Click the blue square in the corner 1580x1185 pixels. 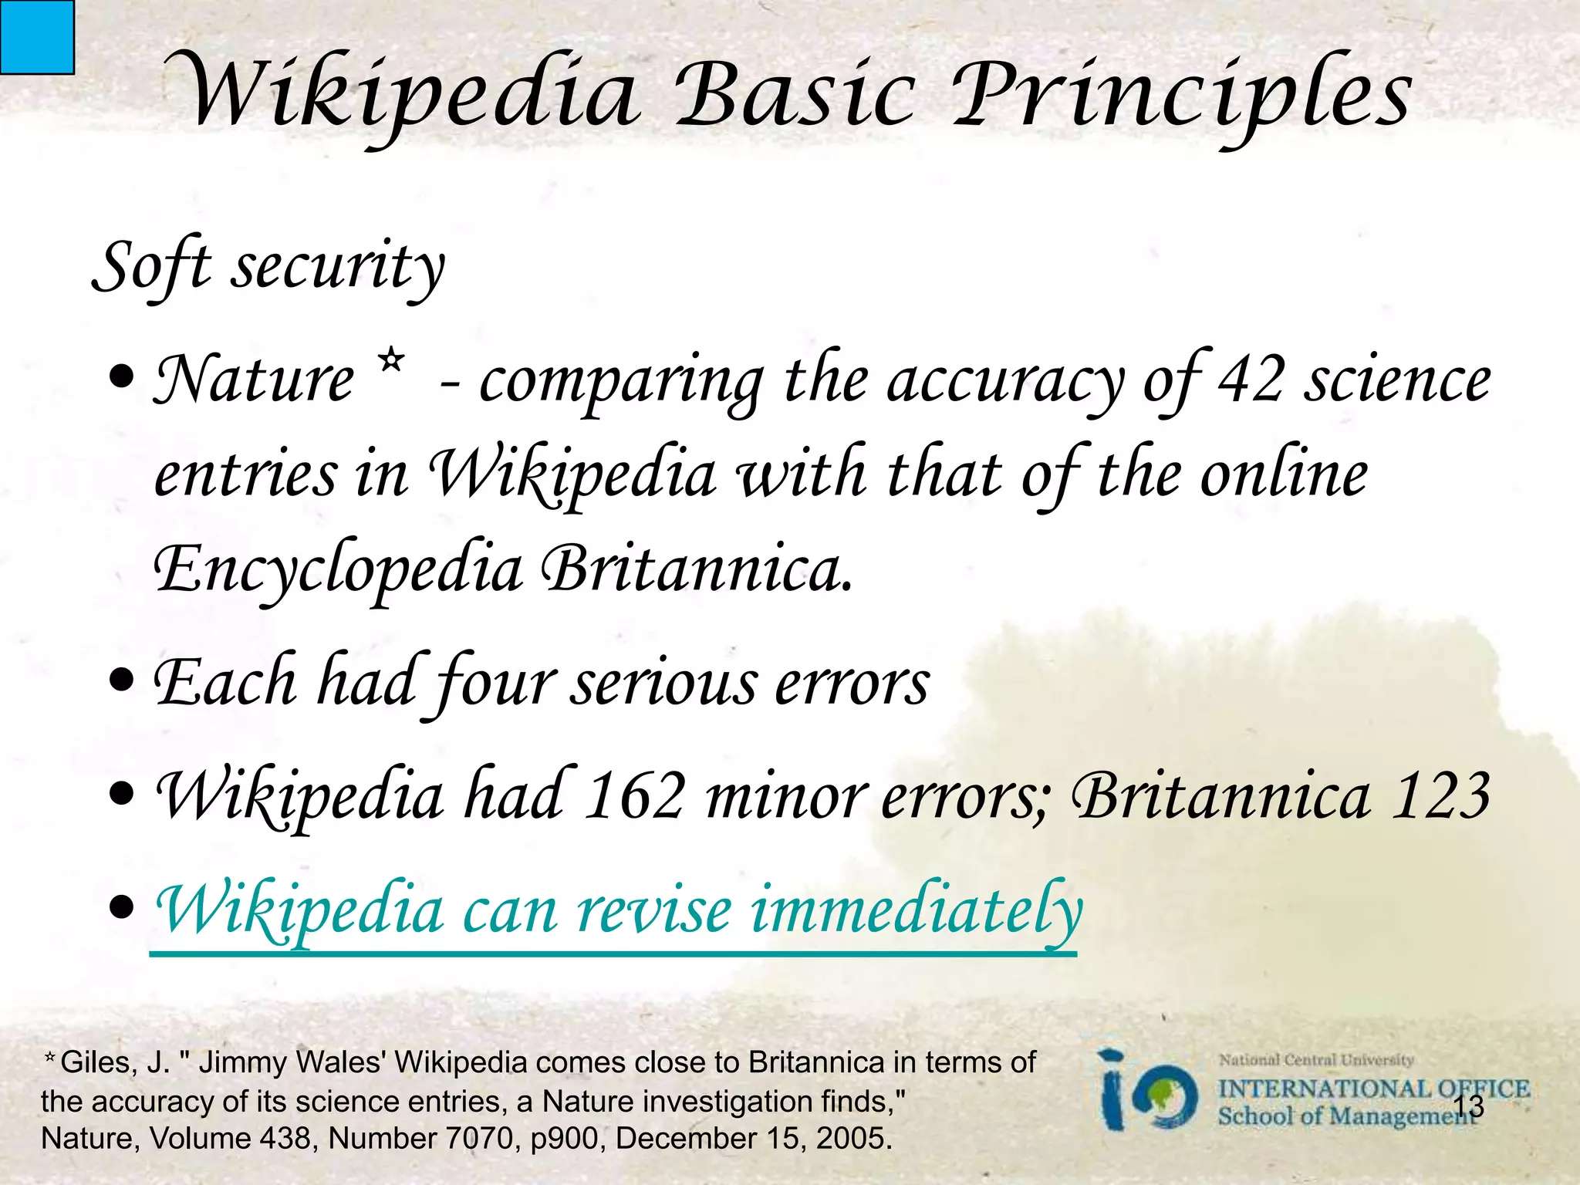coord(36,36)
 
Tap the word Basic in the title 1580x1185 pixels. coord(795,96)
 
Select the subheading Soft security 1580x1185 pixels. coord(268,266)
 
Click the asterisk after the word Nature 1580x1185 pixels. coord(391,360)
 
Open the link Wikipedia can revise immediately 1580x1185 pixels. coord(617,910)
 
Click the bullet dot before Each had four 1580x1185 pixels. coord(122,682)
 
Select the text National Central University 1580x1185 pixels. coord(1315,1060)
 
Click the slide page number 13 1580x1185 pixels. coord(1467,1106)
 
